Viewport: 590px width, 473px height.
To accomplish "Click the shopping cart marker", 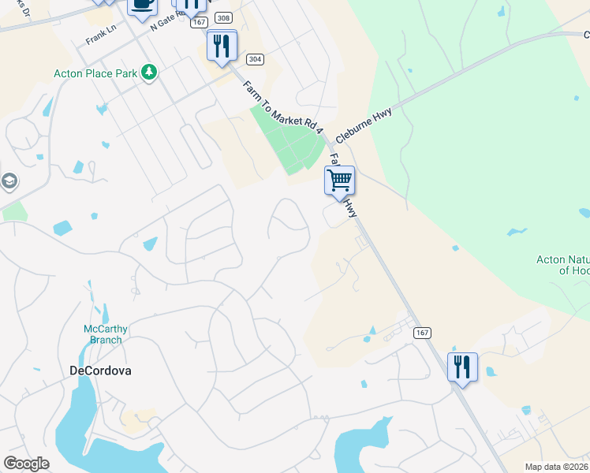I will [339, 181].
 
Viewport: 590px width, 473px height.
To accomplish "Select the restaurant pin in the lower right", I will [462, 367].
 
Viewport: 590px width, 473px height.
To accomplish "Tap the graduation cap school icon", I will [8, 182].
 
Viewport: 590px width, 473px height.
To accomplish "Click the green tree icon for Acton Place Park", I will [149, 73].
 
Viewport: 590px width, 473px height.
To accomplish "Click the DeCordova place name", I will [100, 370].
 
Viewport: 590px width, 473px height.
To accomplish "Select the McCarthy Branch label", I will [103, 334].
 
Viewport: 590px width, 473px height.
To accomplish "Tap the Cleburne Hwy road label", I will [363, 124].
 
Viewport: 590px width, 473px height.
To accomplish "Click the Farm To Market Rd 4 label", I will [282, 106].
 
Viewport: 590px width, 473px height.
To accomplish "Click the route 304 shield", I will [254, 59].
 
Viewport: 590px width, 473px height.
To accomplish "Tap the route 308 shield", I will [223, 18].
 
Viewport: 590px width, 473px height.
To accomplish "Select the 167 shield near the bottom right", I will [421, 333].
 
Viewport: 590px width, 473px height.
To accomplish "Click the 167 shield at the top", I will [199, 23].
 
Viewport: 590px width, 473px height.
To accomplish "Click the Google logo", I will [26, 464].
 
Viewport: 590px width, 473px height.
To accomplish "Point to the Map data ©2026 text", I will [557, 467].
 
